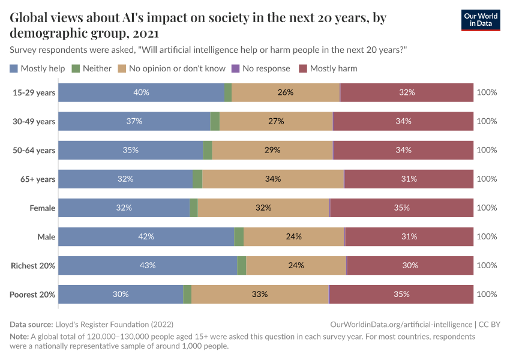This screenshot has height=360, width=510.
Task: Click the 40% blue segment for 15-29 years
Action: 141,92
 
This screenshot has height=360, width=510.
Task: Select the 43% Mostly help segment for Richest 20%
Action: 148,265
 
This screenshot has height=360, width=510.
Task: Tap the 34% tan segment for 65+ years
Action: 273,179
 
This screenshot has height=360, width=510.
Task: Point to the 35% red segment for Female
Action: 401,208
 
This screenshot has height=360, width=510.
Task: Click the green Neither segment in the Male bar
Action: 239,236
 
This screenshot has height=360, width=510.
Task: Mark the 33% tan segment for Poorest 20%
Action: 260,294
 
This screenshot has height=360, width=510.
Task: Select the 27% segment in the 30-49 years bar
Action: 276,121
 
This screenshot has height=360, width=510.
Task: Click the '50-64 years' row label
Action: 34,150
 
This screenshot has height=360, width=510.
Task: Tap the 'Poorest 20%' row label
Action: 33,294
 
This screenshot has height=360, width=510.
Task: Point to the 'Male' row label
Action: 46,236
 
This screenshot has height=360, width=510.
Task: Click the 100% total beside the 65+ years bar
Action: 487,179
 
